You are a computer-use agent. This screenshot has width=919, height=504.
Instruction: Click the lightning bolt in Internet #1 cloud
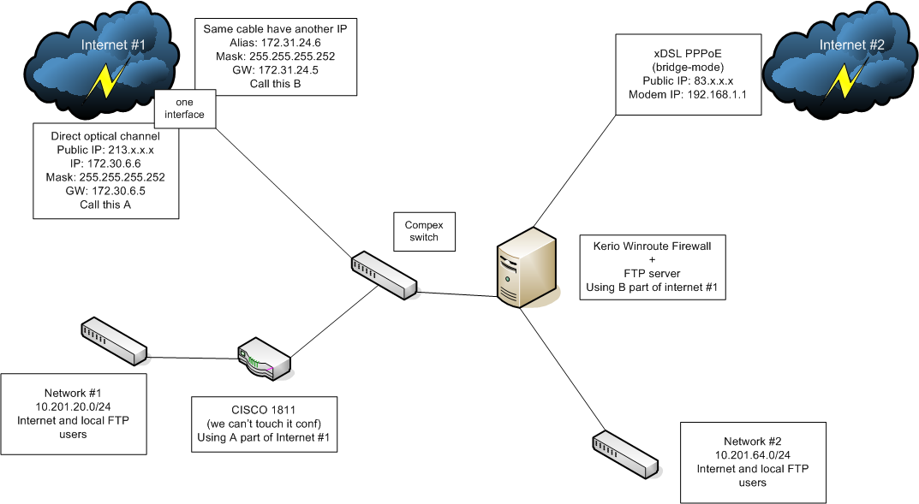pos(107,81)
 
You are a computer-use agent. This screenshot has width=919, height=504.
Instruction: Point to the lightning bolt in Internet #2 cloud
pos(847,81)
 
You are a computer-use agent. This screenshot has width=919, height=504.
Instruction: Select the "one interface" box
pos(179,108)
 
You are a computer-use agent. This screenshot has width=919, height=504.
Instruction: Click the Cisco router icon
pos(264,362)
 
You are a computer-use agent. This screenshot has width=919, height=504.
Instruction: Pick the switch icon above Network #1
pos(114,340)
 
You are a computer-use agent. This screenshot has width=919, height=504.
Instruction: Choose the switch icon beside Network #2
pos(625,454)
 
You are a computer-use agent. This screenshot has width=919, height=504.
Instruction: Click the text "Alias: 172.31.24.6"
pos(274,42)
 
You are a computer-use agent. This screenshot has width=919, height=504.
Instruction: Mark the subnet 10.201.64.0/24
pos(753,455)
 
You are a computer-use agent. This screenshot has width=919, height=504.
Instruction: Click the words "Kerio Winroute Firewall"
pos(653,246)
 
